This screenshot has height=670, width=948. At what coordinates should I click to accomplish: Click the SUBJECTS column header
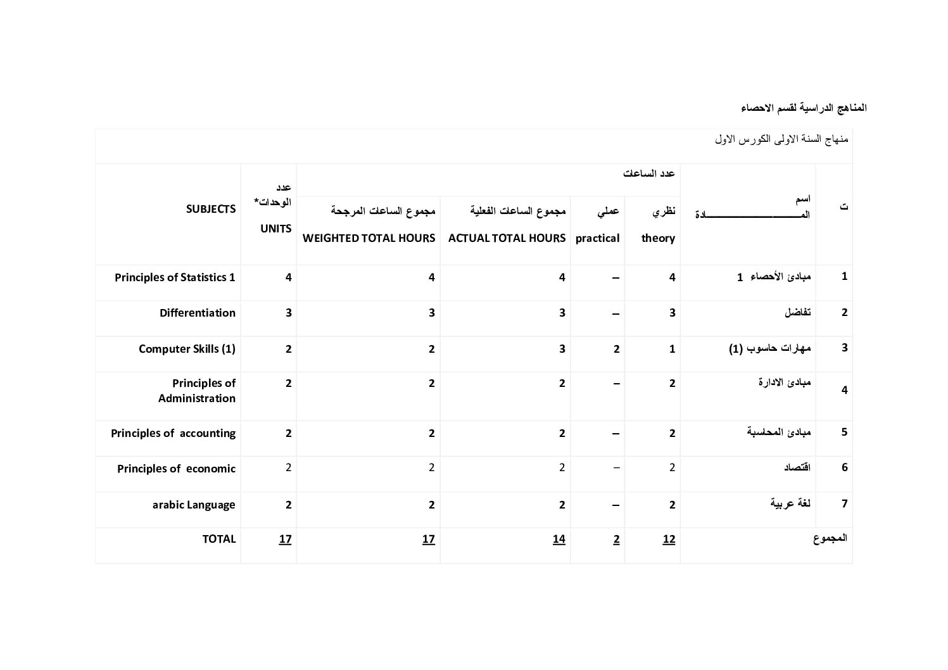pos(210,209)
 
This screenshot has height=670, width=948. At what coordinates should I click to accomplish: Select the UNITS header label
pos(275,229)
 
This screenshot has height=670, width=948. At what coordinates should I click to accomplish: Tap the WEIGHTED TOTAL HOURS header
pos(369,238)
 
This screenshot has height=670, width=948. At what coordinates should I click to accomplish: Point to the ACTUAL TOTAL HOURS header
pos(507,238)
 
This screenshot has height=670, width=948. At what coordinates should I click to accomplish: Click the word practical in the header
pos(597,238)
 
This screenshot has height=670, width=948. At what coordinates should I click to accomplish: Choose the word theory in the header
pos(658,238)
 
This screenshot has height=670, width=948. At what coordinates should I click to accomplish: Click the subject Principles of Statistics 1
pos(175,277)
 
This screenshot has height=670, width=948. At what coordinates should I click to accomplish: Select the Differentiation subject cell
pos(197,313)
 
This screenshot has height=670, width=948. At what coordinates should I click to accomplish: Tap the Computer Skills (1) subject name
pos(187,349)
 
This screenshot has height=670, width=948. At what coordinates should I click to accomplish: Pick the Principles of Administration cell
pos(197,391)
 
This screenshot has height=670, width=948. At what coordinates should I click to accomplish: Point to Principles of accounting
pos(173,433)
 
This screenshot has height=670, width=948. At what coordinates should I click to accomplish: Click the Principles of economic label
pos(176,469)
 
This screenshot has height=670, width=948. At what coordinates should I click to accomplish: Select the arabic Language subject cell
pos(194,505)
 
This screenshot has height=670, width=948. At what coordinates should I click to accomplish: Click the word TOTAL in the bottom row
pos(218,539)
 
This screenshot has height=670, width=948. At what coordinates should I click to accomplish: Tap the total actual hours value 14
pos(559,540)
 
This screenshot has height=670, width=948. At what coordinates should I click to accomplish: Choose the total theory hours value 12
pos(669,540)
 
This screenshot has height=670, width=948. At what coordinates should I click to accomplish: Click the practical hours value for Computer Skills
pos(616,349)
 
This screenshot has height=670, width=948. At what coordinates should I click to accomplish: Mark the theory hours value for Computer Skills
pos(672,349)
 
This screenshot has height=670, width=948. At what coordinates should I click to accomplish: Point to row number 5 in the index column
pos(844,432)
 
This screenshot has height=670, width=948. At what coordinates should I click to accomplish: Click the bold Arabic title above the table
pos(803,108)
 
